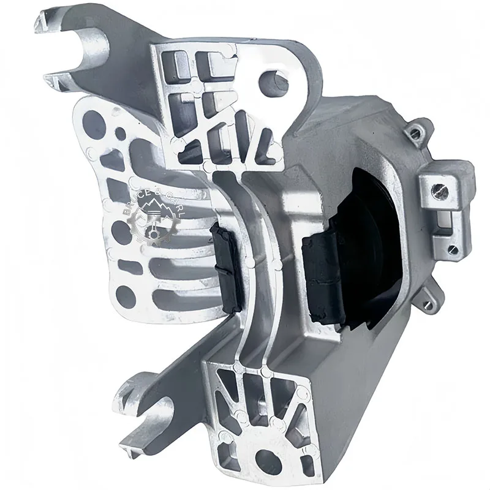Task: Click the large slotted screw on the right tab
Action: click(x=442, y=192)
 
